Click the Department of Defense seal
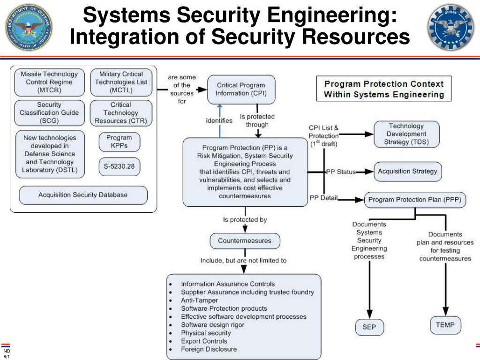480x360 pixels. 29,28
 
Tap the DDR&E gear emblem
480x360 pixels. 450,28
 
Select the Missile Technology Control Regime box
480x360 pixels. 49,82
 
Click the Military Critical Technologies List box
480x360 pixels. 121,82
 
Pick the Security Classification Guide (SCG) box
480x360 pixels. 49,112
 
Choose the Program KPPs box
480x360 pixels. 119,142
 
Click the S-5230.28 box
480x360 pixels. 119,166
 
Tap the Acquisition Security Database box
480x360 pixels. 83,195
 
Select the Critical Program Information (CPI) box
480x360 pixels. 240,90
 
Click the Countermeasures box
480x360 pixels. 244,241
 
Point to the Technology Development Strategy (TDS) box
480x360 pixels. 406,134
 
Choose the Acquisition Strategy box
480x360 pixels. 407,172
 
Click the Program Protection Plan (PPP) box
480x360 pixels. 415,200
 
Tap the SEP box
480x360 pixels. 369,327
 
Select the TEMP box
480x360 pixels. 445,325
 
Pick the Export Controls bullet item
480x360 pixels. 204,341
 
